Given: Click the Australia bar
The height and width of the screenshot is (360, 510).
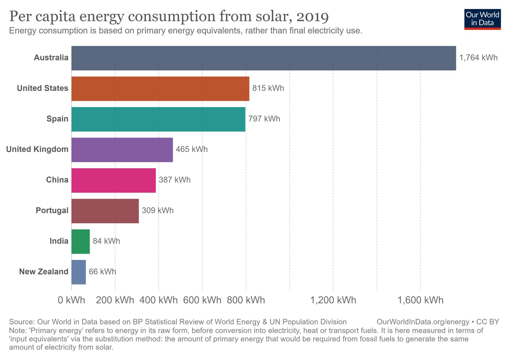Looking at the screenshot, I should (263, 58).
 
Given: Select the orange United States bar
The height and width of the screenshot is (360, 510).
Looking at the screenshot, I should (160, 89).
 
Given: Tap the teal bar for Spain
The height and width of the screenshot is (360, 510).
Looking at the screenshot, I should (158, 119).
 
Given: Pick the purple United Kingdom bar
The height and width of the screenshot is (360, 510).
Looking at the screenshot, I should (122, 150).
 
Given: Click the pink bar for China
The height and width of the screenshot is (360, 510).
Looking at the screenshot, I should (113, 180).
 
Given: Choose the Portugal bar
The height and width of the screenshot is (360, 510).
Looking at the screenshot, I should (105, 211).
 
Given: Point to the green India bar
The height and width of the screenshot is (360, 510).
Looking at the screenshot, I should (80, 241).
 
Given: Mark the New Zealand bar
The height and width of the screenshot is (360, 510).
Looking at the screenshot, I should (78, 272).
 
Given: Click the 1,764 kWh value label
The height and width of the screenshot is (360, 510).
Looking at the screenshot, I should (478, 58).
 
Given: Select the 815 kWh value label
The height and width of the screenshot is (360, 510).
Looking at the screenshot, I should (268, 88).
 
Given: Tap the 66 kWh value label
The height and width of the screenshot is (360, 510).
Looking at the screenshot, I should (102, 272).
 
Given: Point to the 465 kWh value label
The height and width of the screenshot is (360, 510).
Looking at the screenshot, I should (192, 149).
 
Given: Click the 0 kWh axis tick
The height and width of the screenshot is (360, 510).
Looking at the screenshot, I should (71, 300).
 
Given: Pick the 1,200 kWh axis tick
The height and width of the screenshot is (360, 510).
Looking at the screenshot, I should (333, 300).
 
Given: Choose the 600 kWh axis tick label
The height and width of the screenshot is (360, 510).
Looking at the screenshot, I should (202, 300).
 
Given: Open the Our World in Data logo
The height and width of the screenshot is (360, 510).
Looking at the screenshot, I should (482, 19).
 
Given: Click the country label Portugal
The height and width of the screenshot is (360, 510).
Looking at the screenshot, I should (52, 211).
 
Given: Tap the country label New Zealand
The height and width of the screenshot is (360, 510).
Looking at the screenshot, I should (44, 272).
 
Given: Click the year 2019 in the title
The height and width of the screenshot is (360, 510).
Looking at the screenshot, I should (313, 17).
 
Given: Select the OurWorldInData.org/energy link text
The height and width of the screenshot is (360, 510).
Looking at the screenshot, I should (423, 322).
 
